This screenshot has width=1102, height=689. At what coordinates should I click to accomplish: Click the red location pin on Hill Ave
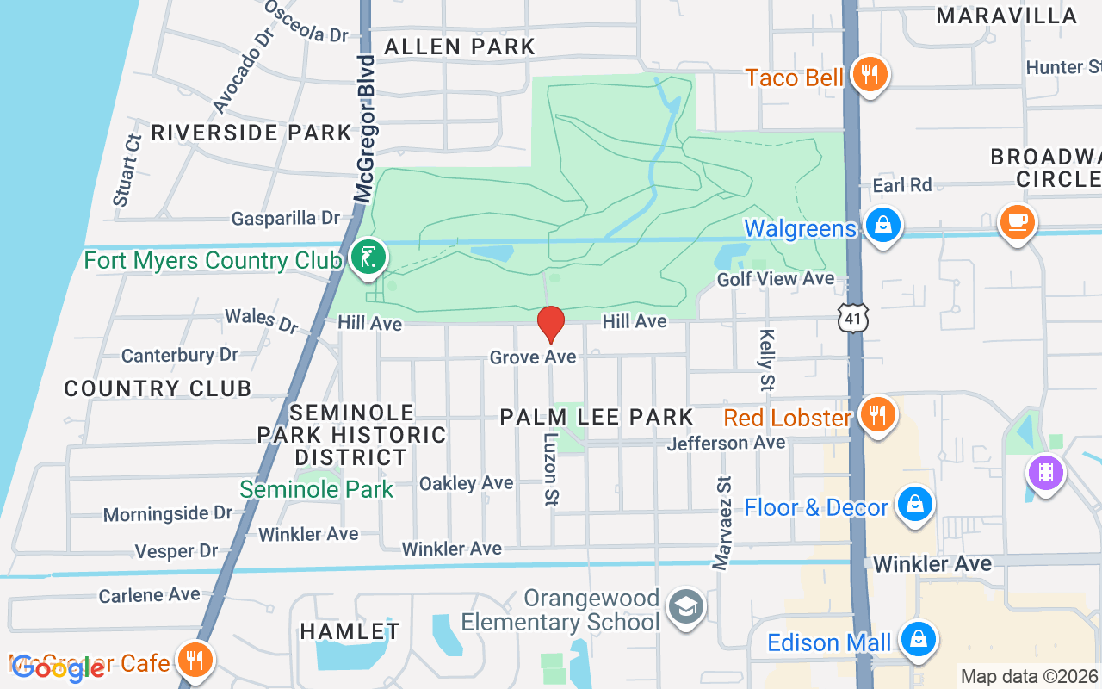click(550, 324)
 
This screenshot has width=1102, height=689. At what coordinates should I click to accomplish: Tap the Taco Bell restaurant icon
click(870, 74)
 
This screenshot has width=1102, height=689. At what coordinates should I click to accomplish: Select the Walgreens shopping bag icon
click(882, 227)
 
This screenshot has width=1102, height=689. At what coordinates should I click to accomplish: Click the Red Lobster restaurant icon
click(876, 415)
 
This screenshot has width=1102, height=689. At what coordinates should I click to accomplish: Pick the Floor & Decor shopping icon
click(914, 506)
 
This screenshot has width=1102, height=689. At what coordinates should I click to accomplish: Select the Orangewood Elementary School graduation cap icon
click(685, 607)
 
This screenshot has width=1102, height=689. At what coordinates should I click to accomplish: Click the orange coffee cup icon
click(1017, 222)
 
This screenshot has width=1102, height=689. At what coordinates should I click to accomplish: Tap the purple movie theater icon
click(1045, 473)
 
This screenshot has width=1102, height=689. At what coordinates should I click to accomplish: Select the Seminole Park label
click(316, 489)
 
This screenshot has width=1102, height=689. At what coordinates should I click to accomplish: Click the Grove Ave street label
click(532, 357)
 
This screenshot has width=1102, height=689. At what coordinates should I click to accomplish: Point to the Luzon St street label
click(549, 467)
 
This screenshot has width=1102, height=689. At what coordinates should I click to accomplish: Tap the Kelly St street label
click(766, 359)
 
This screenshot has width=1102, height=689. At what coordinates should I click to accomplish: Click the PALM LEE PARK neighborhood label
click(597, 418)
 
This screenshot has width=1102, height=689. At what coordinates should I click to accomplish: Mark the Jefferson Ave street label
click(726, 443)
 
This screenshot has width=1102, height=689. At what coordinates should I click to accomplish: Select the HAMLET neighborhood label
click(350, 631)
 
